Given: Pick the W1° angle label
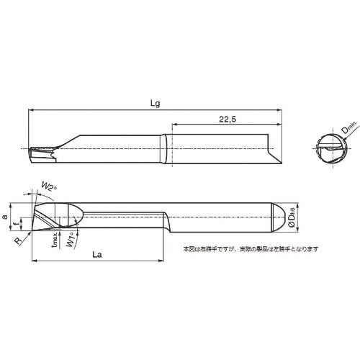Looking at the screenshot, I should (x=69, y=242).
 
